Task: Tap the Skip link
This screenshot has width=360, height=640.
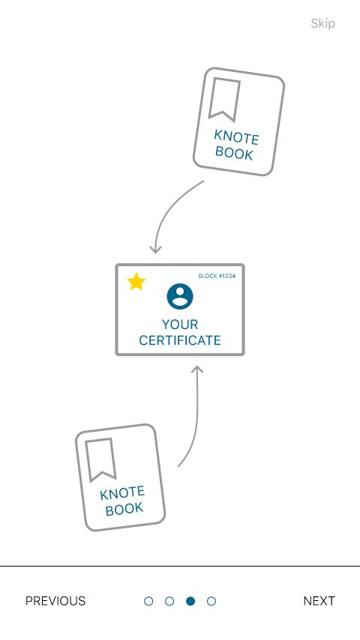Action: pos(322,24)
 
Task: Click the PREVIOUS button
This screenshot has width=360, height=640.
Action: pos(55,601)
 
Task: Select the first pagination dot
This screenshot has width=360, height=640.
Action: pos(148,601)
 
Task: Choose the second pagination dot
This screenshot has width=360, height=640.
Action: pos(169,601)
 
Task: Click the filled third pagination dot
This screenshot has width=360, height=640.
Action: pos(190,601)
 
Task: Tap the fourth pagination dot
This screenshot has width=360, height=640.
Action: pos(211,601)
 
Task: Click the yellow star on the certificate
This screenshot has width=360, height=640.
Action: pos(136,282)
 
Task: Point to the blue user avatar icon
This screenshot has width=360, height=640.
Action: pos(180,296)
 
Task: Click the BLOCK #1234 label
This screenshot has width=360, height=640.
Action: pos(217,277)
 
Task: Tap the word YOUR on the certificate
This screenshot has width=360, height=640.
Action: pos(180,324)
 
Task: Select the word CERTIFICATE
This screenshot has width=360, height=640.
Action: pos(180,340)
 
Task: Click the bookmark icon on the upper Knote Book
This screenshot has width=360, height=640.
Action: pos(224,99)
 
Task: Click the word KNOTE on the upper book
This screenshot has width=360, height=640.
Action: pos(236,138)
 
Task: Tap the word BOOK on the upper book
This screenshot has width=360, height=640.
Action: pos(234,153)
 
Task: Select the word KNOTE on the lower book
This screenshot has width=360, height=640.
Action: pos(122,493)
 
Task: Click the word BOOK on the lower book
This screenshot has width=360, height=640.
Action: pos(124,510)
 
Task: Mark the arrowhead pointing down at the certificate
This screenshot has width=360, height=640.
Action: pos(155,249)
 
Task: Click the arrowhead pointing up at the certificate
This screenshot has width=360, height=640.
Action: pos(197,369)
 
